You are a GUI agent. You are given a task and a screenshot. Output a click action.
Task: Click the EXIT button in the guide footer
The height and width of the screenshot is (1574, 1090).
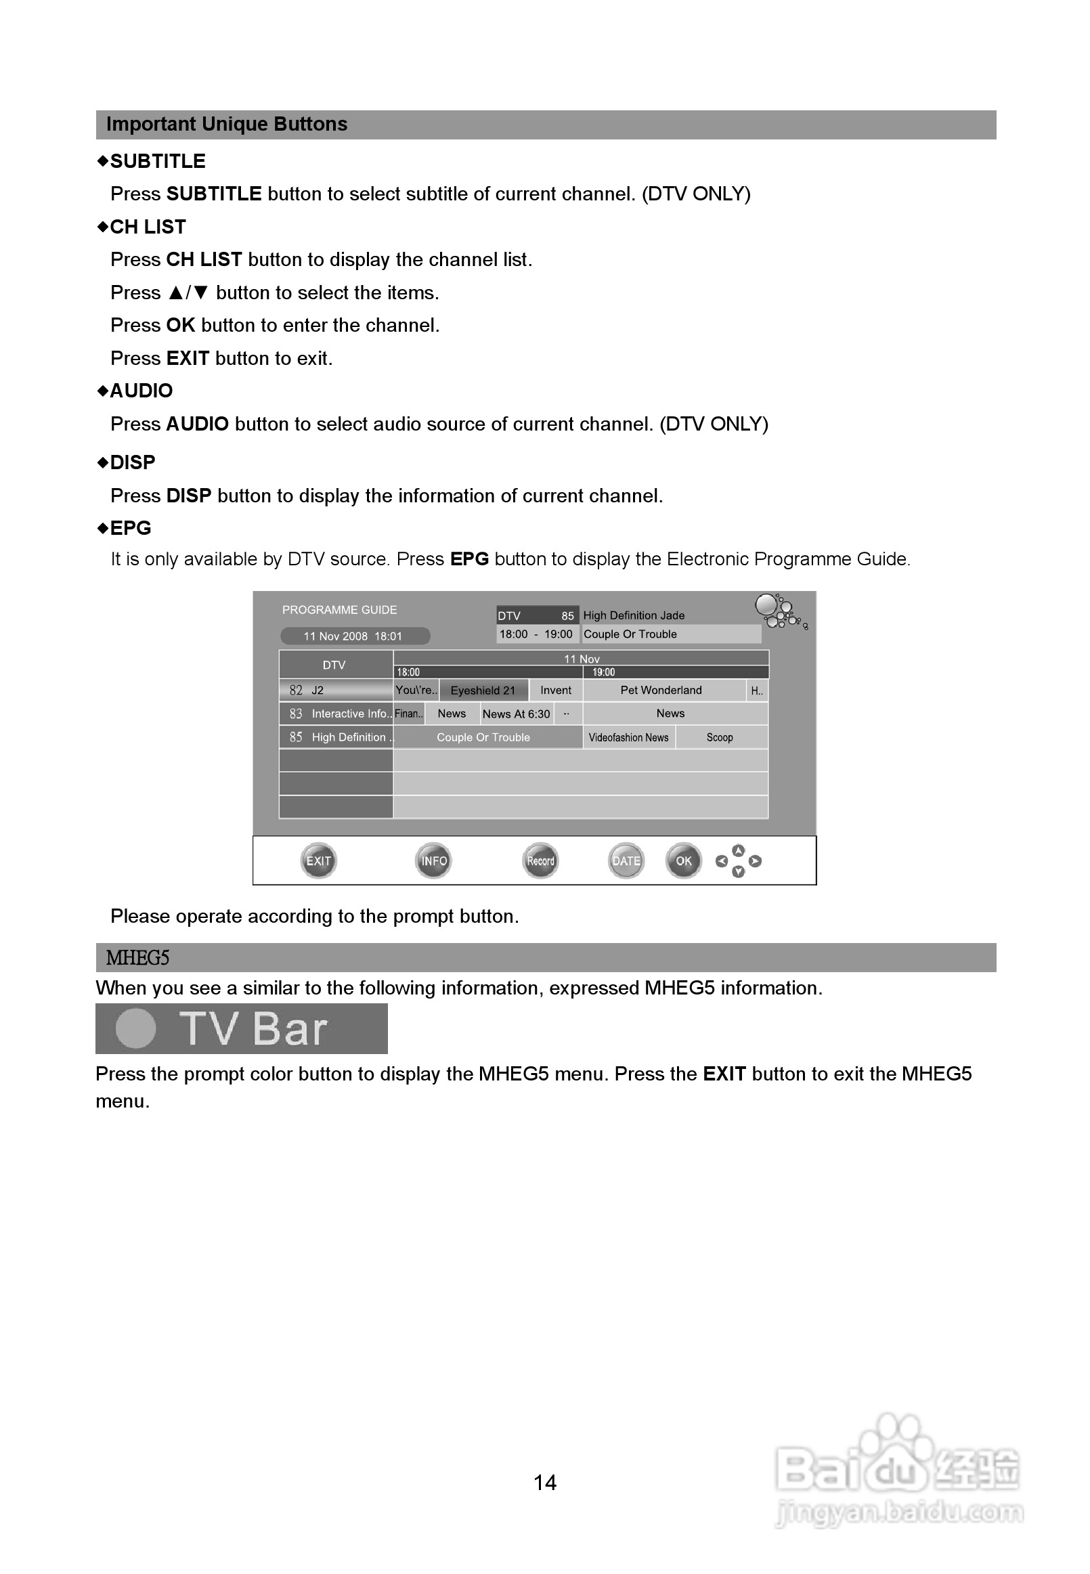click(x=318, y=860)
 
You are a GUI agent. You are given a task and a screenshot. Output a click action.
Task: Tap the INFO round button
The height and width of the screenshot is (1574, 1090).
click(x=434, y=860)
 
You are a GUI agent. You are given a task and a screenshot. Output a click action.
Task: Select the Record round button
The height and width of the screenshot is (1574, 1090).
click(x=540, y=860)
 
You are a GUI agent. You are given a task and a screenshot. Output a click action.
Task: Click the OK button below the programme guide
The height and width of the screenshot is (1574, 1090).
click(x=683, y=860)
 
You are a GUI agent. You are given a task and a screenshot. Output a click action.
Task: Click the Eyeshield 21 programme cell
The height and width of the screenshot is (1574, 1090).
click(x=483, y=691)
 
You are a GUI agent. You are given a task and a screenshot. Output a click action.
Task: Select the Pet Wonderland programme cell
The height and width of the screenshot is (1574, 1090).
click(x=660, y=691)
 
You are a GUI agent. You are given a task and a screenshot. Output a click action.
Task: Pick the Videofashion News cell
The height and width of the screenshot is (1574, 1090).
click(x=628, y=737)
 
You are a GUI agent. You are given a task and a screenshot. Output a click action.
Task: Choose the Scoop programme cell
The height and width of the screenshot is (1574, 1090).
click(x=720, y=737)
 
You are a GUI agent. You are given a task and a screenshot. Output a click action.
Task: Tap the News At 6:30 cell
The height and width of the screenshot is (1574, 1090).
click(x=516, y=714)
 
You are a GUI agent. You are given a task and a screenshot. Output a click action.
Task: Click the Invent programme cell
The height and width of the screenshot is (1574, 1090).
click(x=555, y=691)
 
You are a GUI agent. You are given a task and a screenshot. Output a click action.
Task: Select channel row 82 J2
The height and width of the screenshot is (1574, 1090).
click(x=335, y=691)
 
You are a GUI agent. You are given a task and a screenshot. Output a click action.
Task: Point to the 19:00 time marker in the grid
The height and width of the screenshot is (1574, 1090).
click(x=603, y=673)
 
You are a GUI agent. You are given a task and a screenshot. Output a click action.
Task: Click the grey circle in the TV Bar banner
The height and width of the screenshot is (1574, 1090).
click(x=136, y=1028)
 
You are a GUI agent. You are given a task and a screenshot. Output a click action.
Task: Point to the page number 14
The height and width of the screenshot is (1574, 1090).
click(x=544, y=1483)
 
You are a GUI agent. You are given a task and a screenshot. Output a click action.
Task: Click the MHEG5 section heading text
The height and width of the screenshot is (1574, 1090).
click(x=137, y=958)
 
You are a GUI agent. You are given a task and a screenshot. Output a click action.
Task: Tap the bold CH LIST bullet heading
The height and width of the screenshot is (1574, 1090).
click(x=148, y=227)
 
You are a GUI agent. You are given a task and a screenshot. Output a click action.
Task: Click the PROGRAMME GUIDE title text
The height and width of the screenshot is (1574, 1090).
click(x=339, y=610)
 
